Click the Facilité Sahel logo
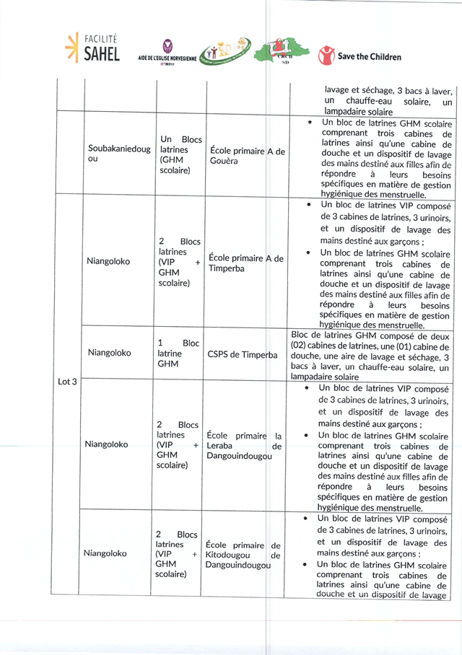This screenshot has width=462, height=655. pos(92,48)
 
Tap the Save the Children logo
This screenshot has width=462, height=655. pos(359,56)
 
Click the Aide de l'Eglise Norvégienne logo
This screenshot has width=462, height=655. pos(167,52)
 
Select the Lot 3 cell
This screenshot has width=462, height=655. pos(67,381)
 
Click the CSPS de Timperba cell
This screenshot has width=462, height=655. pos(243,354)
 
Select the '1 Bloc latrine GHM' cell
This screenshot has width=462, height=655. pos(178,354)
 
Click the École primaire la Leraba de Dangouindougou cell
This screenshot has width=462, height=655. pos(244,446)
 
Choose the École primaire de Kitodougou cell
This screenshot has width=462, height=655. pos(243,555)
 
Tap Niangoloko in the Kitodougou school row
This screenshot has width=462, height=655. pos(105,553)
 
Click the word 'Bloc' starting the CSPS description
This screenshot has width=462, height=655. pos(301,335)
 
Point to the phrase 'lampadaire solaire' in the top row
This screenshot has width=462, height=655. pos(359,112)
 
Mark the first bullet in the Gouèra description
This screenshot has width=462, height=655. pos(309,123)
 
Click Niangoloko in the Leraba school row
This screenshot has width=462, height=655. pos(106,444)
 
